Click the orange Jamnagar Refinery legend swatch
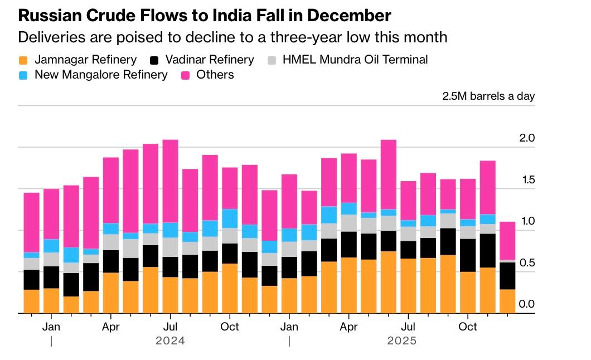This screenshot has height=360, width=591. (23, 60)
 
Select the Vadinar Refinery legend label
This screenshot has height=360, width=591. (209, 60)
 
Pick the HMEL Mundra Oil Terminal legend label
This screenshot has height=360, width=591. (355, 60)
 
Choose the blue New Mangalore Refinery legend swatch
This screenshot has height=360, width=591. (23, 75)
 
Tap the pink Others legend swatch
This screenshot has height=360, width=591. (185, 75)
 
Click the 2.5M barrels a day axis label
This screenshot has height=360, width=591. (488, 96)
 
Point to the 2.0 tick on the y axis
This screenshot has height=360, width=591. (527, 138)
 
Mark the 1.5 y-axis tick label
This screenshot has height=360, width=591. (527, 179)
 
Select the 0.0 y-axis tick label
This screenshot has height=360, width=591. (527, 304)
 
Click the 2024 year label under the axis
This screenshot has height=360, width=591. (170, 340)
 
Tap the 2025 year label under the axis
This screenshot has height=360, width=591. (401, 340)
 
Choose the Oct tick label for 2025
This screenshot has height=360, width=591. (468, 327)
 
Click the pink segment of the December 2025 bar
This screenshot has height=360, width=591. (507, 240)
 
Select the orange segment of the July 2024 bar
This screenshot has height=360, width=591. (170, 295)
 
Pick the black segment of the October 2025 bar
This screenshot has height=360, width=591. (468, 255)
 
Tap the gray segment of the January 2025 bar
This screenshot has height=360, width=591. (289, 249)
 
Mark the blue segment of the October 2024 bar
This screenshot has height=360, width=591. (230, 218)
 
